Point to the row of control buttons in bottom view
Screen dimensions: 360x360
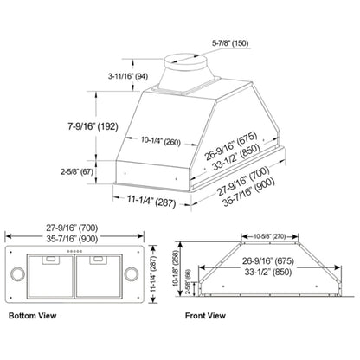point(75,253)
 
